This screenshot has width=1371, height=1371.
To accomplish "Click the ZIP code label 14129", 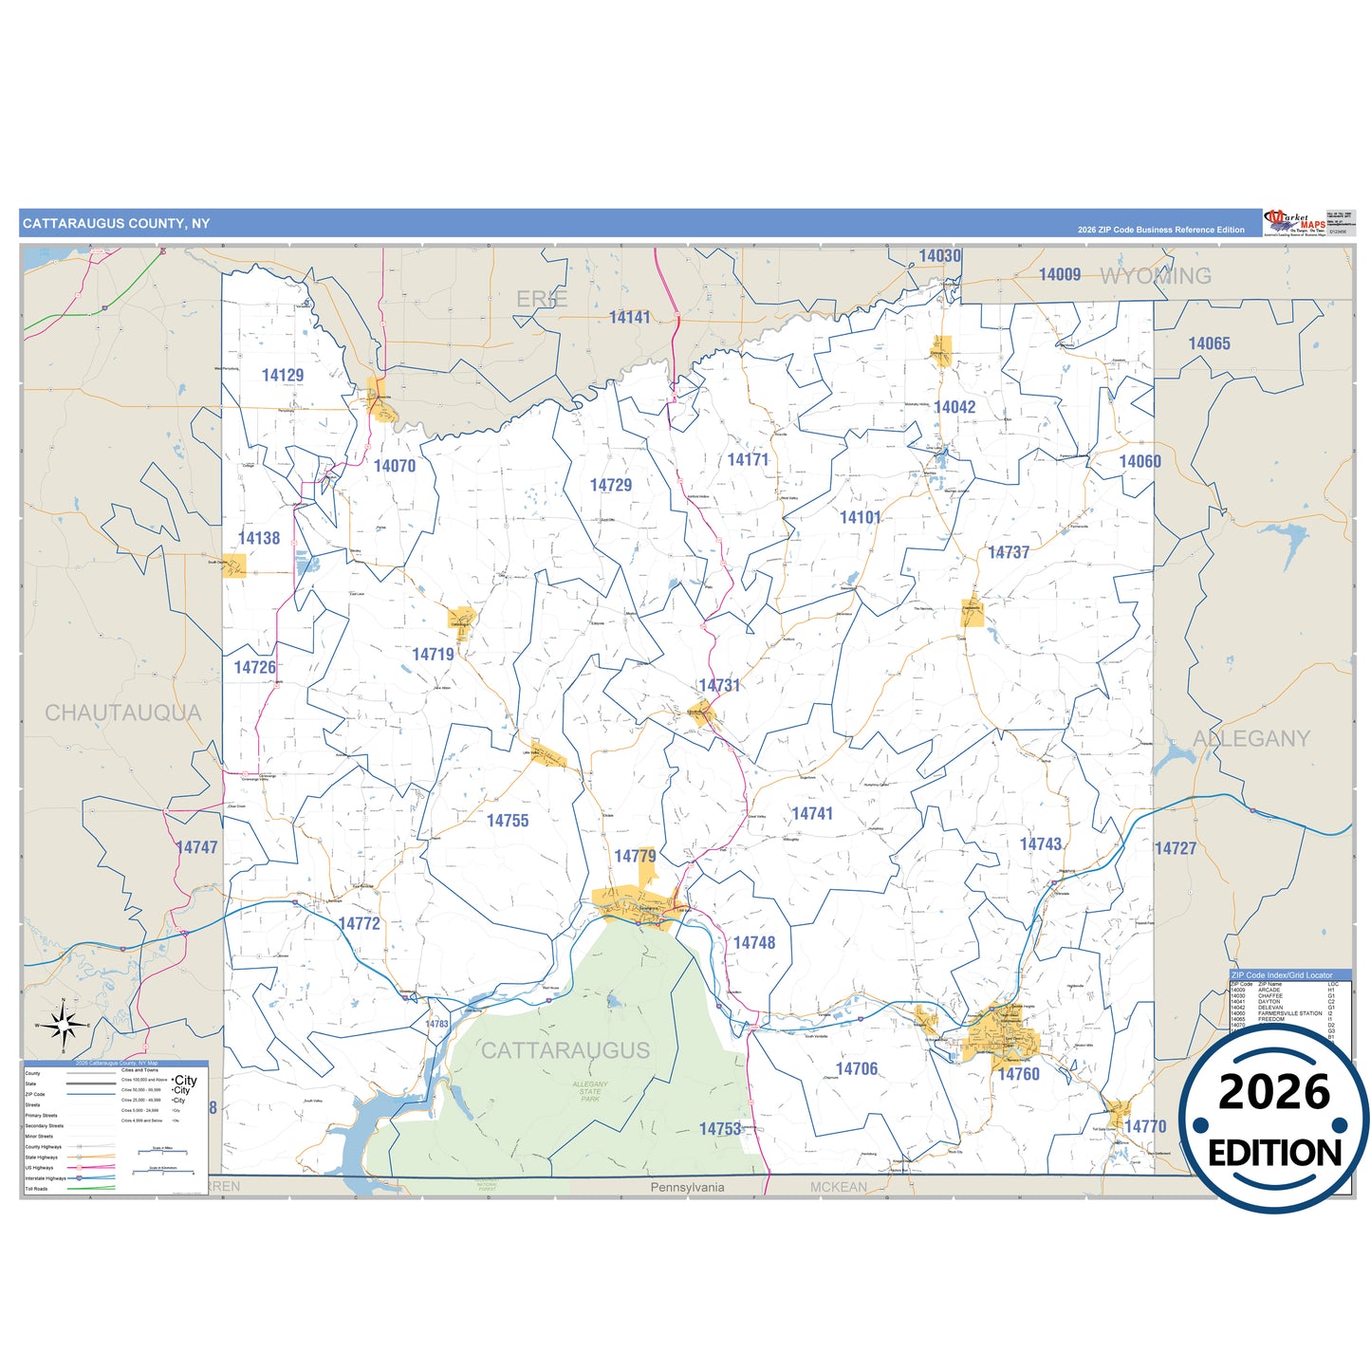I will pyautogui.click(x=283, y=375).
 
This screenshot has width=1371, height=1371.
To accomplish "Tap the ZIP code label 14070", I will pyautogui.click(x=394, y=466).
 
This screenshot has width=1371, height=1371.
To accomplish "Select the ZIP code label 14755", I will pyautogui.click(x=508, y=821).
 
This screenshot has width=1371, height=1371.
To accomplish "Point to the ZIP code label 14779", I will pyautogui.click(x=635, y=857).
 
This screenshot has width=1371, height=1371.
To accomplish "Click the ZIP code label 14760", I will pyautogui.click(x=1018, y=1074).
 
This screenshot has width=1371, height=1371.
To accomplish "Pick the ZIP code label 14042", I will pyautogui.click(x=954, y=407).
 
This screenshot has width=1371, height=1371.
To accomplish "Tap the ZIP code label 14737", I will pyautogui.click(x=1009, y=552).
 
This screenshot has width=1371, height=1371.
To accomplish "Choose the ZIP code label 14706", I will pyautogui.click(x=857, y=1069).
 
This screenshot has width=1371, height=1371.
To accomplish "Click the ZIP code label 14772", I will pyautogui.click(x=359, y=923).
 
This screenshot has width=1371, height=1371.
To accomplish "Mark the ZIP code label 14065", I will pyautogui.click(x=1209, y=343).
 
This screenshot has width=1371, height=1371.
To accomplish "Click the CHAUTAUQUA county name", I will pyautogui.click(x=123, y=713).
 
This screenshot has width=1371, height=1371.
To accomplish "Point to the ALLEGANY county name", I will pyautogui.click(x=1251, y=739).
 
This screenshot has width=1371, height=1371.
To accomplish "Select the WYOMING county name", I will pyautogui.click(x=1156, y=276).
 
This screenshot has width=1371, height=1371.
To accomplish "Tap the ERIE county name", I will pyautogui.click(x=542, y=300).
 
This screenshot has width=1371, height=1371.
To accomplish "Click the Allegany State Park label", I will pyautogui.click(x=590, y=1091).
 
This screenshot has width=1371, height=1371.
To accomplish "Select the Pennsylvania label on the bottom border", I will pyautogui.click(x=687, y=1188).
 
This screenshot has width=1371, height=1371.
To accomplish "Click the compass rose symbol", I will pyautogui.click(x=63, y=1025).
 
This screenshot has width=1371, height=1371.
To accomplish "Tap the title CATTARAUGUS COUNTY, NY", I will pyautogui.click(x=116, y=224).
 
